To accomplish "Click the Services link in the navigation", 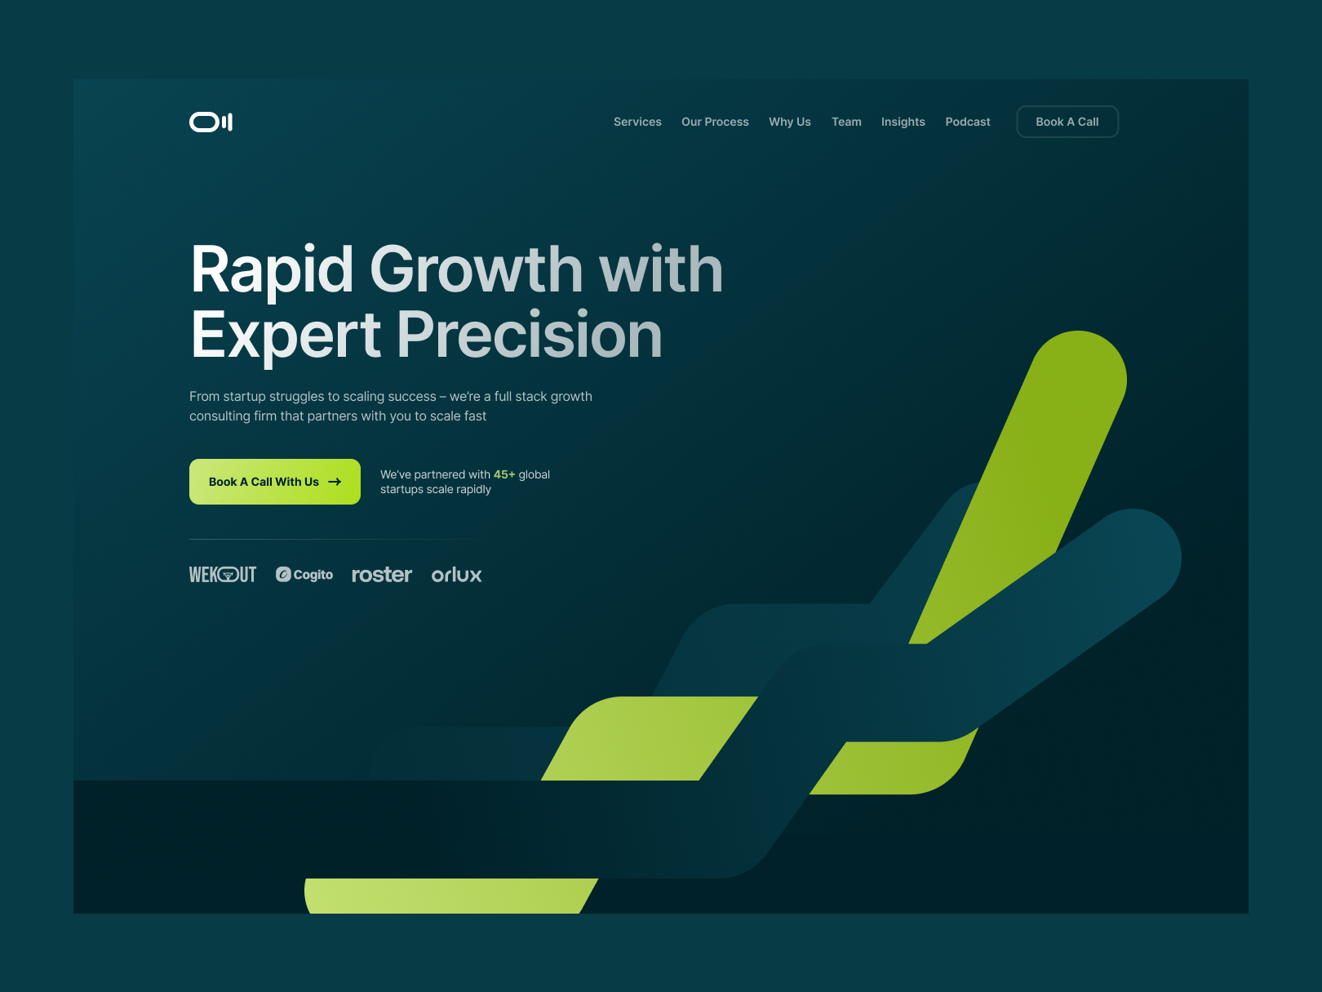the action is point(637,122).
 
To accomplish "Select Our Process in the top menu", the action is point(715,122).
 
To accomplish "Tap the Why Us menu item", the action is point(790,122).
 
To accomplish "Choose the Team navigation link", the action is point(846,122).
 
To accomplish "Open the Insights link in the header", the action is point(903,122).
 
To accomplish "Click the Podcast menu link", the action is point(967,122).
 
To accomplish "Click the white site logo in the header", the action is point(211,122).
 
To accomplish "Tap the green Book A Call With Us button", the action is point(275,482).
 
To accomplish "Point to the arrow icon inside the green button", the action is point(335,482).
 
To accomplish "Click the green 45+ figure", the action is point(504,474).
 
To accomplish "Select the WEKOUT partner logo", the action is point(223,575).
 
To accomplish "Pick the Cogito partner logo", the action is point(304,575).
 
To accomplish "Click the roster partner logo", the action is point(382,575).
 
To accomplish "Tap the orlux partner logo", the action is point(456,575).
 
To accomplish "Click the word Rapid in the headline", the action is point(272,270).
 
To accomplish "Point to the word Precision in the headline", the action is point(529,335).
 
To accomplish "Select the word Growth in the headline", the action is point(477,269).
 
